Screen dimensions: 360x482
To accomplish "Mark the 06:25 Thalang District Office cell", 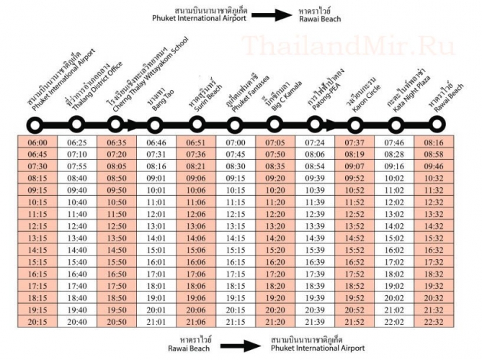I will coord(77,143).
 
